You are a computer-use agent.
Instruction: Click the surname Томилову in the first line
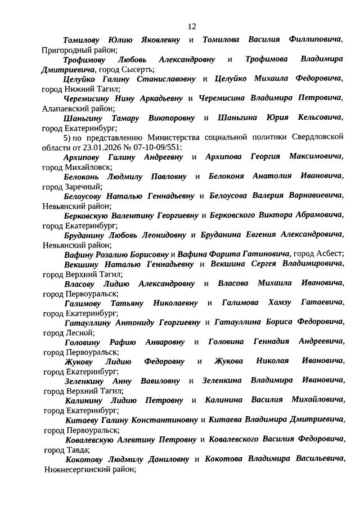pos(84,40)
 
